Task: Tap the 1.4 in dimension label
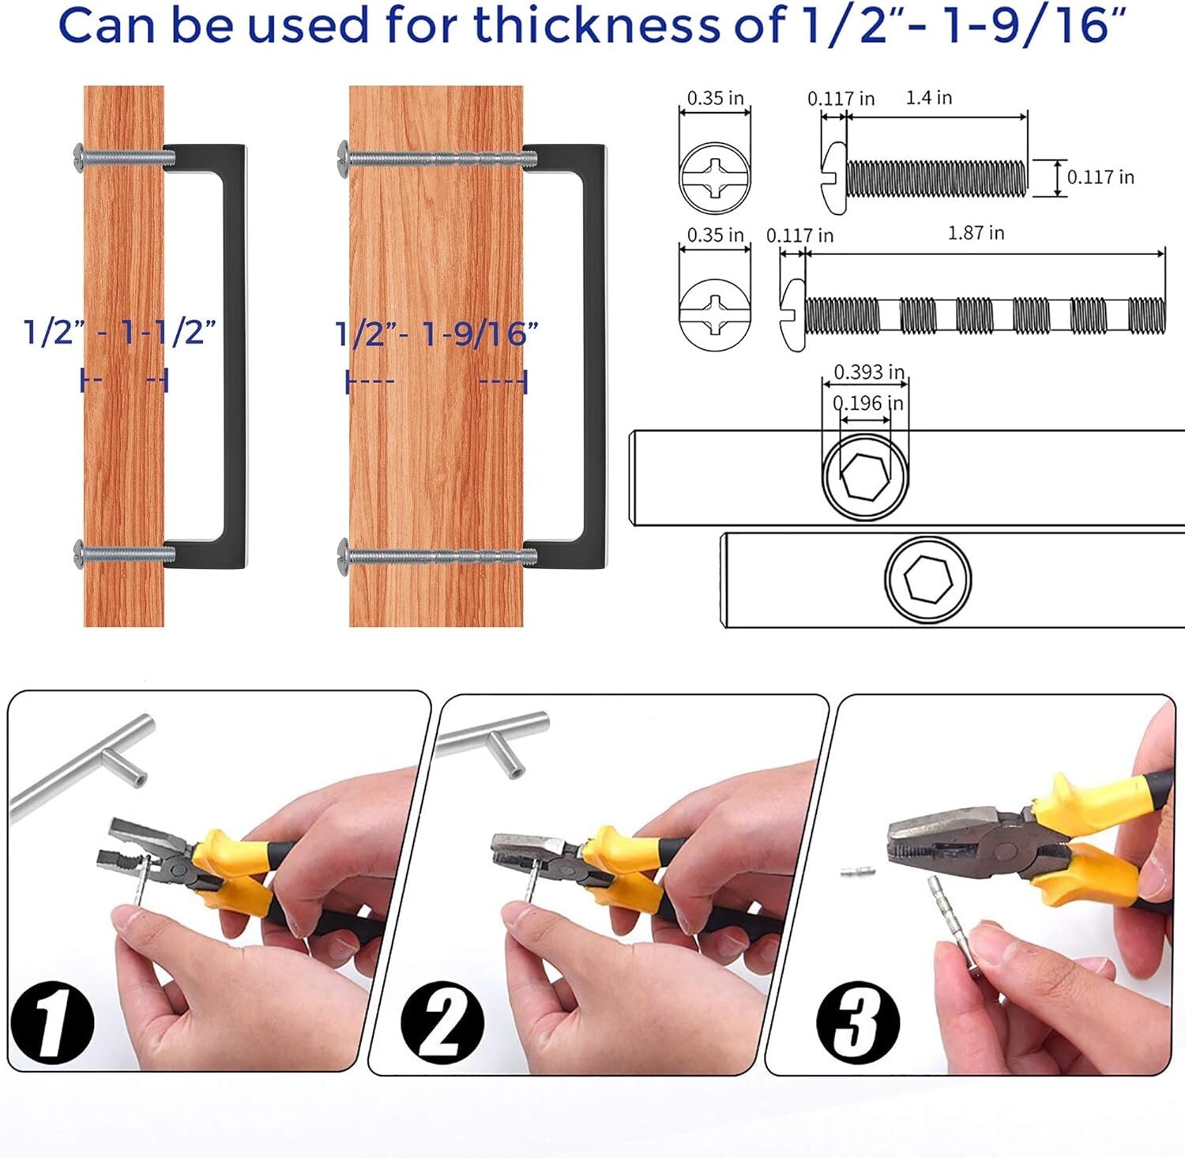click(x=928, y=97)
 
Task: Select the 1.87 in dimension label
click(x=976, y=233)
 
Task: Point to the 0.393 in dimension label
click(x=869, y=371)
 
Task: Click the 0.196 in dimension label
click(x=868, y=403)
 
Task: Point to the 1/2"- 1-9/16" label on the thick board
click(x=437, y=333)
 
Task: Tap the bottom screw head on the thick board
click(x=344, y=552)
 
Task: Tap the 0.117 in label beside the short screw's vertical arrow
click(x=1100, y=177)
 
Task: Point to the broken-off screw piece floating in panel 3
click(x=858, y=872)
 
